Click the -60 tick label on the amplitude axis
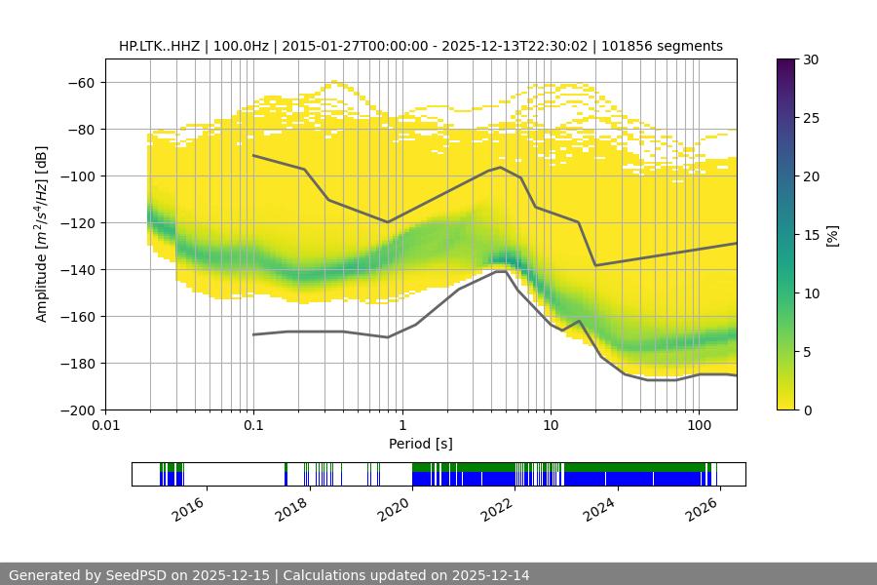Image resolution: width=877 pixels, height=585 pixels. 82,82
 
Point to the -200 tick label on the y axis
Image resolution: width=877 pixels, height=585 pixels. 78,409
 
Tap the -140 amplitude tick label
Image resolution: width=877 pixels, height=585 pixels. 78,269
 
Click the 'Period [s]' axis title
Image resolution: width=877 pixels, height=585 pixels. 420,444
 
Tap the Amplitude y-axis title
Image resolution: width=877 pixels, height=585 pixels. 42,234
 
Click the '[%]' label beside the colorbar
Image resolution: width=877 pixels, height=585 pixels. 832,234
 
